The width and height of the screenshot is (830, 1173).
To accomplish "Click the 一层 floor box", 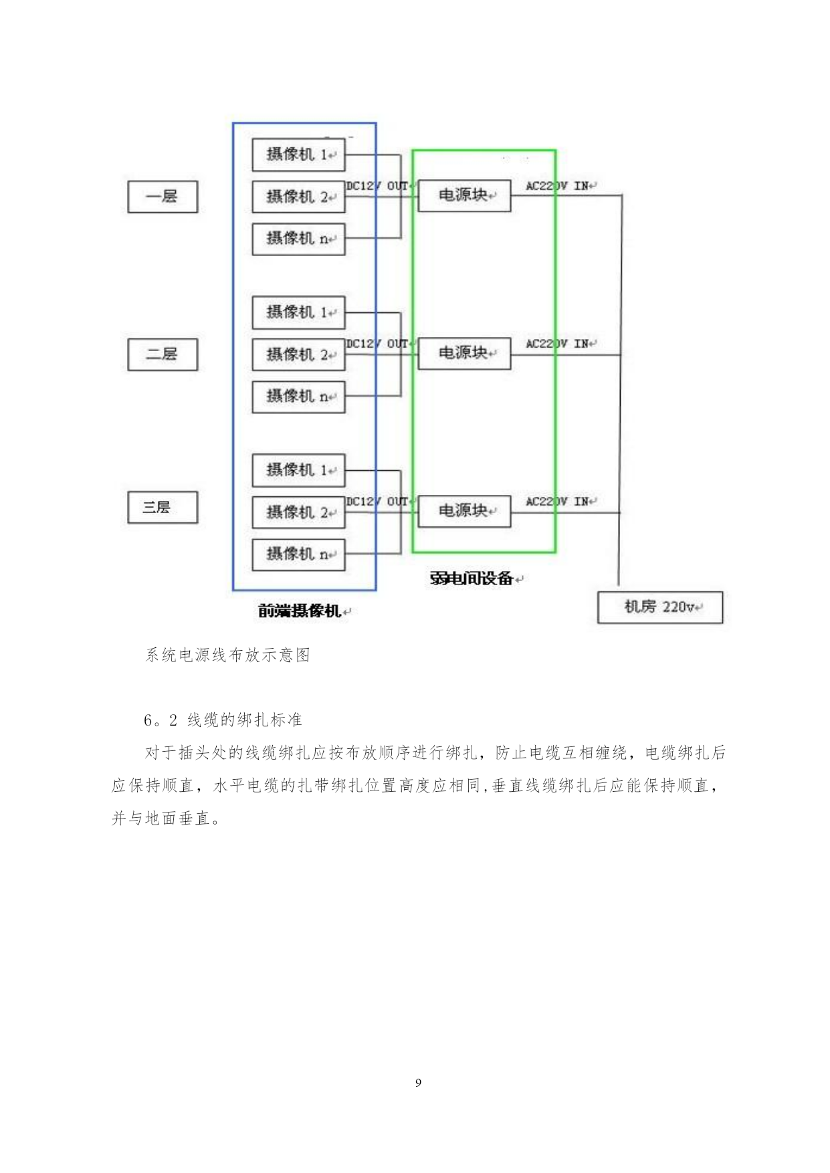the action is tap(163, 197).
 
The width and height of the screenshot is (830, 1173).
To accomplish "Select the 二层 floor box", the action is tap(163, 354).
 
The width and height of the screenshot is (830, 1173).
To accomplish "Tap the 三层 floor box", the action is tap(163, 508).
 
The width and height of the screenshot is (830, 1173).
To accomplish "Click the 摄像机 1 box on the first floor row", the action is tap(298, 154).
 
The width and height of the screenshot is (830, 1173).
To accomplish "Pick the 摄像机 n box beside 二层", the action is tap(298, 397).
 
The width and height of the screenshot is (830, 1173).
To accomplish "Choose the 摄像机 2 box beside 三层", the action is tap(298, 513).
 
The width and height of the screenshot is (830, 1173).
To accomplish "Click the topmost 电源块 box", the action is tap(464, 195).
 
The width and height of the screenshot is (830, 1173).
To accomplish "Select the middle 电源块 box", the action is tap(464, 353).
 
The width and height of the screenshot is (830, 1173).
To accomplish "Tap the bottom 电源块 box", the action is tap(464, 511).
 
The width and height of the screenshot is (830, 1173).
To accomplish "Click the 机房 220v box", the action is tap(660, 607).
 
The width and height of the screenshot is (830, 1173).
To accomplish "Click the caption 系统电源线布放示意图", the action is tap(228, 655).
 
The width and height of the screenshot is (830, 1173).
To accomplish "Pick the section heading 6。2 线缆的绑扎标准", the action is tap(223, 720).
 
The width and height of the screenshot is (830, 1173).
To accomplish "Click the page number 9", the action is tap(418, 1083).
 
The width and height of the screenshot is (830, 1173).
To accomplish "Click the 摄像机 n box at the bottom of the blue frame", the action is tap(298, 555).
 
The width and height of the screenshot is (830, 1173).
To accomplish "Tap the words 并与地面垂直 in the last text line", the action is tap(161, 819).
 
